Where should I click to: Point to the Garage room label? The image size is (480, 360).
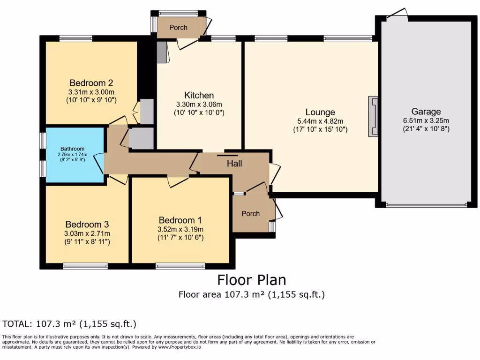426,112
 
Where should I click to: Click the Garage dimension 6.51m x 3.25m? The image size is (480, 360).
426,120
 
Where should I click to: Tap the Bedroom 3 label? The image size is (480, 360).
87,225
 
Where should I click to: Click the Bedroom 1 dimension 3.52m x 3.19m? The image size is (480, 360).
181,229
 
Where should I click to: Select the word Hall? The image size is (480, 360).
234,164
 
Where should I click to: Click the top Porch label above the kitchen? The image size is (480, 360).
178,28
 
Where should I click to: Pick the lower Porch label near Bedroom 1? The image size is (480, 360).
251,214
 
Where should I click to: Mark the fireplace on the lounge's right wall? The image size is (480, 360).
373,116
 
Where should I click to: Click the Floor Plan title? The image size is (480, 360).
251,280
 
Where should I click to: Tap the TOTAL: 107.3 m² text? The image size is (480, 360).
69,324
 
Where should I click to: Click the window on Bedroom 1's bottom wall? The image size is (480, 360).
180,266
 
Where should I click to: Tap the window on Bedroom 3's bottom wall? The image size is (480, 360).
85,266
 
